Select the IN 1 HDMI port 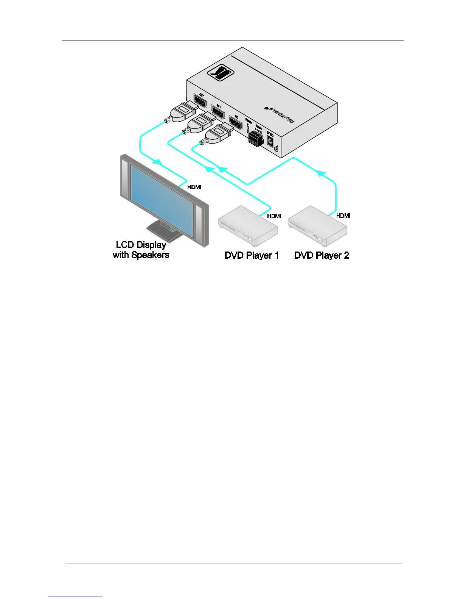click(218, 112)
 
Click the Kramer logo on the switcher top click(221, 71)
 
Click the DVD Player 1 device click(248, 226)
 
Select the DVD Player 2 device click(318, 225)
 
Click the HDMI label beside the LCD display click(194, 187)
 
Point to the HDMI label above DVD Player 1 click(274, 216)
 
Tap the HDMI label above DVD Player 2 click(343, 216)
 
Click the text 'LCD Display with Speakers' click(141, 250)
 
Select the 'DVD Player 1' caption click(252, 255)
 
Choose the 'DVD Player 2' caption click(322, 255)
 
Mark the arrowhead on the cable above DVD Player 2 click(321, 173)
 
